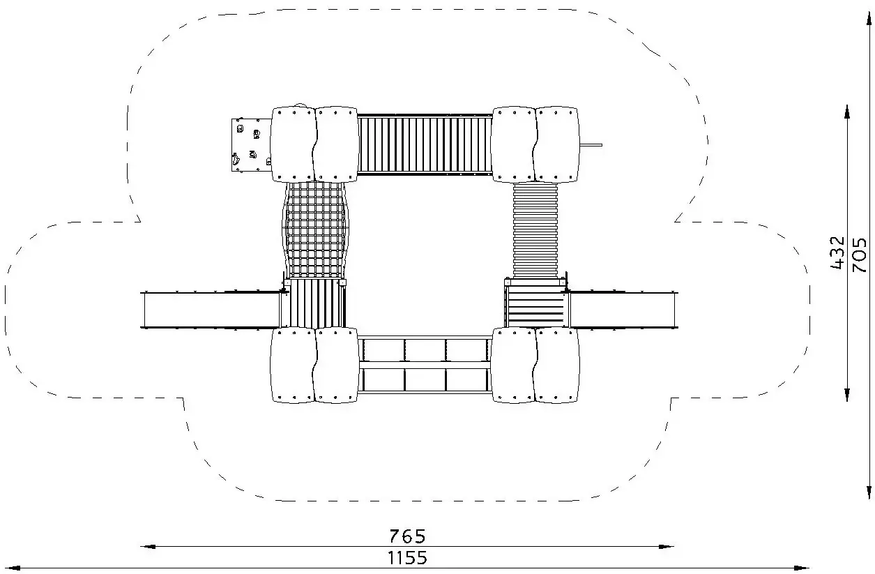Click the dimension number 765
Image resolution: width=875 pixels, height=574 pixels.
(407, 536)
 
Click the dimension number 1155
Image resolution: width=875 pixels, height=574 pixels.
(407, 558)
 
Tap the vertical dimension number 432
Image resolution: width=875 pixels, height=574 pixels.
(837, 252)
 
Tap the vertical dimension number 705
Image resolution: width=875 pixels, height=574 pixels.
(859, 255)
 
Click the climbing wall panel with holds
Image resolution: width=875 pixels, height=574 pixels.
(251, 145)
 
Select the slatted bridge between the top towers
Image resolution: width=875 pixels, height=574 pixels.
(425, 145)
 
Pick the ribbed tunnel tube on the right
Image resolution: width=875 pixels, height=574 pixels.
(535, 230)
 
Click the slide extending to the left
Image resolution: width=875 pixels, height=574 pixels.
(211, 310)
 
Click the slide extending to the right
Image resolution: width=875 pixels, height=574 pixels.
(623, 310)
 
